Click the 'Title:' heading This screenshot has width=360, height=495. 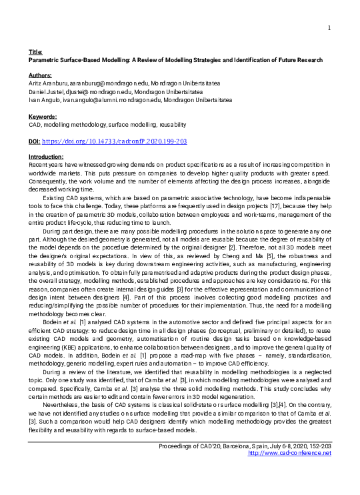[x=36, y=51]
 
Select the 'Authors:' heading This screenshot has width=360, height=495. [x=41, y=76]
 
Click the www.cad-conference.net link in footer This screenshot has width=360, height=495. [x=289, y=454]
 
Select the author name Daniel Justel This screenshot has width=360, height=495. [x=46, y=92]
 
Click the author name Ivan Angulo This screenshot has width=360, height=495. [x=44, y=100]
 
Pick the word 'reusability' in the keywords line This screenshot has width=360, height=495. [x=172, y=125]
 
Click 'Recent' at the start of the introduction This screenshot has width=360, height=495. [x=38, y=164]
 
